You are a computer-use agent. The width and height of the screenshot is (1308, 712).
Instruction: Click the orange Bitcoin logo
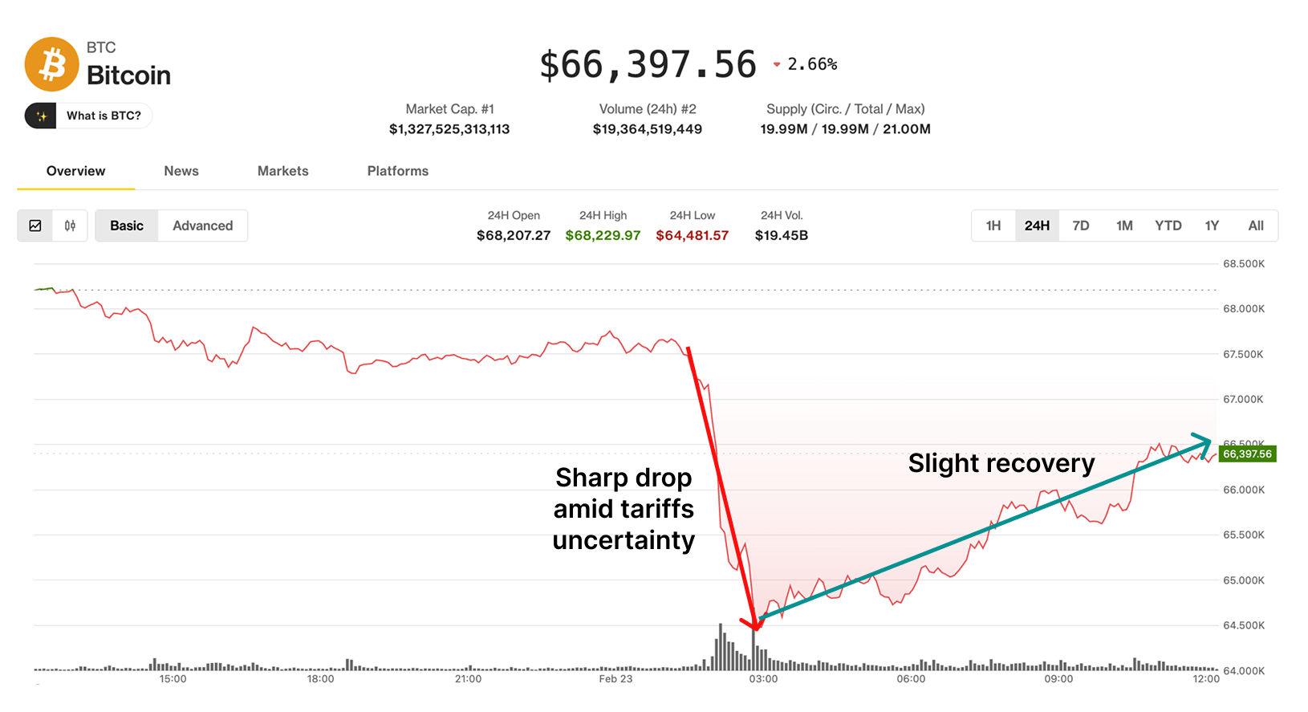tap(52, 64)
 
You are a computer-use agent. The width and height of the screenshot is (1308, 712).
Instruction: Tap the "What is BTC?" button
tap(88, 116)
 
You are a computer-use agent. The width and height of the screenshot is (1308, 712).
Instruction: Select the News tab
tap(181, 171)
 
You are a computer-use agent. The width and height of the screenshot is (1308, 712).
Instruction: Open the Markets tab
tap(282, 171)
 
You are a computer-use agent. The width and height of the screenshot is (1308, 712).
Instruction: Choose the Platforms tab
tap(397, 171)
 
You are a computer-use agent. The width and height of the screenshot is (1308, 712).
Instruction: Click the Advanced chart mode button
tap(202, 226)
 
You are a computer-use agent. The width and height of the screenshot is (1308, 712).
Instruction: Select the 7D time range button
tap(1081, 226)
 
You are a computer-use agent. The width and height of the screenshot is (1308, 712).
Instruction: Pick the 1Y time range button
tap(1212, 226)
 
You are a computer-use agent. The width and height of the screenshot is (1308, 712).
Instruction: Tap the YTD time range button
tap(1168, 226)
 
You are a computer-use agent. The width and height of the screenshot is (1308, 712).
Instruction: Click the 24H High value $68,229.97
tap(603, 235)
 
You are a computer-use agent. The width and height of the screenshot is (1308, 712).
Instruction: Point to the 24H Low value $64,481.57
tap(692, 235)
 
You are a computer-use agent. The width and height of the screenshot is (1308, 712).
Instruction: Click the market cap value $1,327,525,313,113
tap(449, 129)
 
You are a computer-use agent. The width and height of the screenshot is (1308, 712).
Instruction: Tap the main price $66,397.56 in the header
tap(648, 65)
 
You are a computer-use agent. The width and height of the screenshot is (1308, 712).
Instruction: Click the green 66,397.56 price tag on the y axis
tap(1247, 454)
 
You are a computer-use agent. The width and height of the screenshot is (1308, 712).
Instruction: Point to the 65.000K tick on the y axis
tap(1243, 580)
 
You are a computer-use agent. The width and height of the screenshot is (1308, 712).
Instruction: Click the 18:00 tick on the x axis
tap(320, 679)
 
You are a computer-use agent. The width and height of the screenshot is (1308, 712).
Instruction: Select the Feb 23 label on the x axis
tap(615, 679)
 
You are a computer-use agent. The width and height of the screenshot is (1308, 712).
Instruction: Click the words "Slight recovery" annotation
tap(1001, 463)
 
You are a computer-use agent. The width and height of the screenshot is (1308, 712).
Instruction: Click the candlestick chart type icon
tap(70, 226)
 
